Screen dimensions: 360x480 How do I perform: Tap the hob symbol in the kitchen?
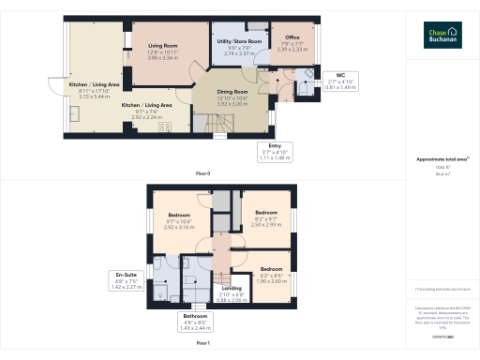(165, 128)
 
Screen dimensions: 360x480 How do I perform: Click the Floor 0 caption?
(202, 174)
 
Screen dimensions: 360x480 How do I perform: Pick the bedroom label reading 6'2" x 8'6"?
(273, 274)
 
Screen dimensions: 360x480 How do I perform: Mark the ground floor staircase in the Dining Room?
(203, 121)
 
